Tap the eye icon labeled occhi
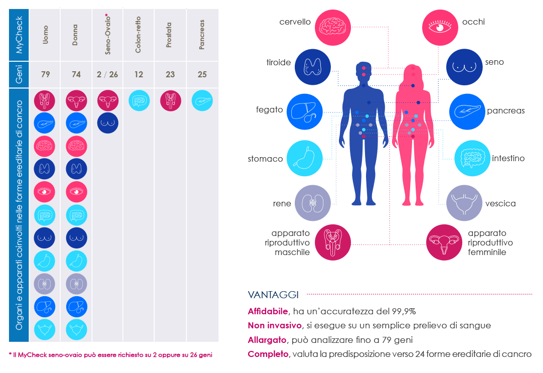pyautogui.click(x=440, y=27)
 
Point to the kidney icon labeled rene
pyautogui.click(x=312, y=203)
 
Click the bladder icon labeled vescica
pyautogui.click(x=464, y=203)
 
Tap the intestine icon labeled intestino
pyautogui.click(x=472, y=159)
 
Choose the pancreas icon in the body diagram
pyautogui.click(x=467, y=111)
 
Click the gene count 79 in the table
pyautogui.click(x=45, y=74)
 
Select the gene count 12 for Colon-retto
pyautogui.click(x=138, y=74)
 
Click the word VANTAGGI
pyautogui.click(x=273, y=295)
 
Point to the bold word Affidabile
pyautogui.click(x=268, y=311)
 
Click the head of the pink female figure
pyautogui.click(x=413, y=72)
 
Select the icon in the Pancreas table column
pyautogui.click(x=202, y=100)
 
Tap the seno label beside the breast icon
pyautogui.click(x=494, y=62)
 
